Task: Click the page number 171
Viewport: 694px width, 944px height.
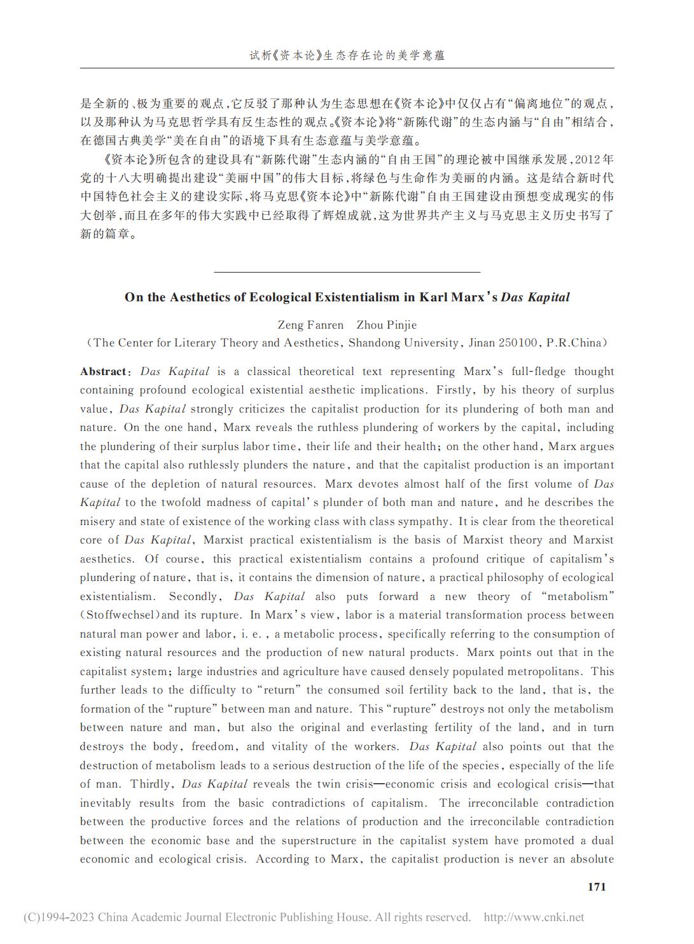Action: click(596, 887)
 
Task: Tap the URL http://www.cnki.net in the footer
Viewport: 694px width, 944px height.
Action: click(534, 917)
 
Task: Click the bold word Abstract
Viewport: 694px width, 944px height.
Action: click(103, 371)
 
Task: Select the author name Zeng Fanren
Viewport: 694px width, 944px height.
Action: click(311, 325)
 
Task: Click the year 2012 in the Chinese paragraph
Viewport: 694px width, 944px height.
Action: click(587, 159)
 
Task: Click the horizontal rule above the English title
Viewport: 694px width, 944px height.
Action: click(347, 272)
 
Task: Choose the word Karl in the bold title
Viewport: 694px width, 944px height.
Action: click(434, 297)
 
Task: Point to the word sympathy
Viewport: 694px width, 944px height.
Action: click(420, 521)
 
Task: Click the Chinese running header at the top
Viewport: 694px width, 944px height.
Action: click(347, 55)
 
